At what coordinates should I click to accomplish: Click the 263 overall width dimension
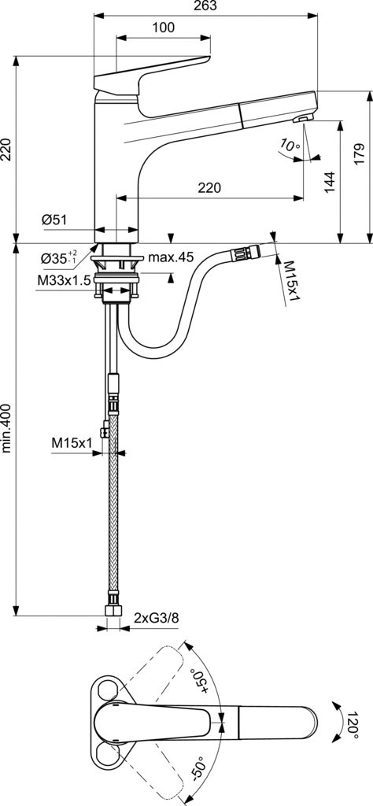coord(205,6)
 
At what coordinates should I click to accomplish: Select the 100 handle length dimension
coord(164,28)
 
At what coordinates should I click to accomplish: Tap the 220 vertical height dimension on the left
coord(6,149)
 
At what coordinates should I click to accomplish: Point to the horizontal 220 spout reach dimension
coord(209,188)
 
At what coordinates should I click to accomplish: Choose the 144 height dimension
coord(331,182)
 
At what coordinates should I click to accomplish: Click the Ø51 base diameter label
coord(54,220)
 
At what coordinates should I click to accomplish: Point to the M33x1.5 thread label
coord(64,280)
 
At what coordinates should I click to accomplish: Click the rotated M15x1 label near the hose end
coord(291,283)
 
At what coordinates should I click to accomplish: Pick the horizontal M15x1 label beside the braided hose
coord(72,442)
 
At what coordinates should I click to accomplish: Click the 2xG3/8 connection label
coord(156,617)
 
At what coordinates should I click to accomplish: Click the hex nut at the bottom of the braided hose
coord(113,610)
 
